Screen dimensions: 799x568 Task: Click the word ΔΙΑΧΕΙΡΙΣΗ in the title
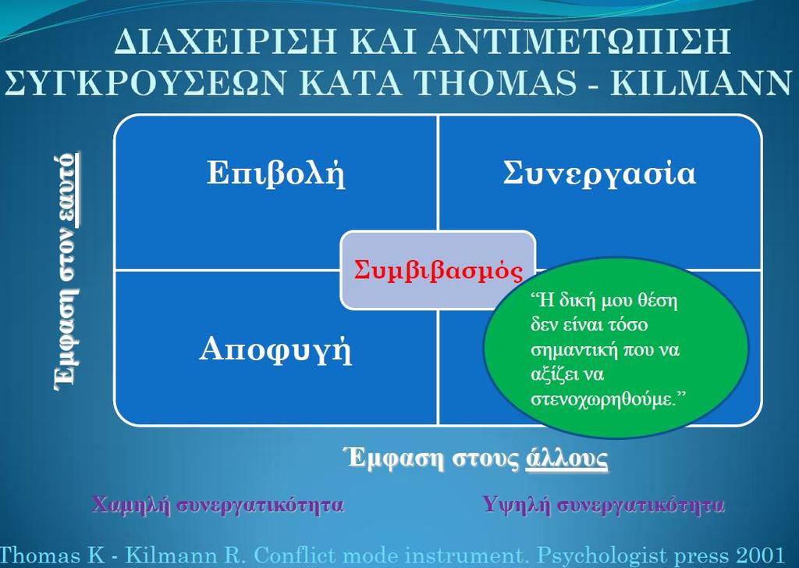click(x=225, y=41)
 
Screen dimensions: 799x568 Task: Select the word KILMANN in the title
click(x=701, y=82)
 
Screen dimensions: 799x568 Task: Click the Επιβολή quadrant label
click(x=275, y=173)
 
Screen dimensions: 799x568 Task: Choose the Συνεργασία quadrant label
click(x=599, y=173)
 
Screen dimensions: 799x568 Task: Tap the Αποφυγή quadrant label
click(x=275, y=351)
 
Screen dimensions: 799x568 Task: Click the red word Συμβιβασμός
click(x=439, y=270)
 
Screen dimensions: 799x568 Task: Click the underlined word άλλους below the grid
click(x=566, y=458)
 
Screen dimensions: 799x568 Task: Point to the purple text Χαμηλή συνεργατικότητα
click(x=218, y=505)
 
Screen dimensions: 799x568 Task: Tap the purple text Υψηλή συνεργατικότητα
click(x=604, y=505)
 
